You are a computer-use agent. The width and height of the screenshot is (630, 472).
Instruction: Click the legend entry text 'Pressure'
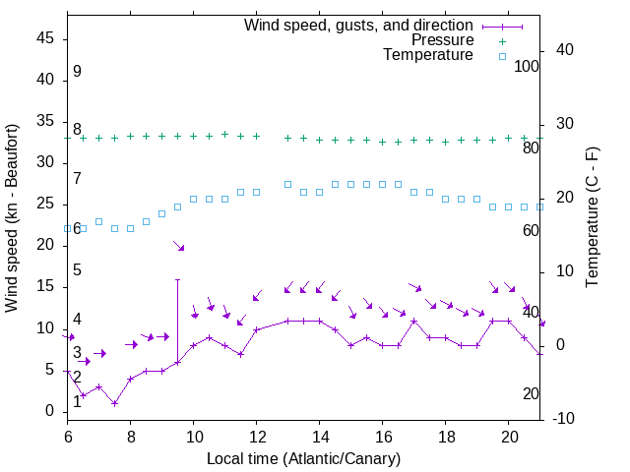[x=442, y=40]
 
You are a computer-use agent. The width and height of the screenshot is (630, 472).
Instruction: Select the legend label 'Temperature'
[x=428, y=55]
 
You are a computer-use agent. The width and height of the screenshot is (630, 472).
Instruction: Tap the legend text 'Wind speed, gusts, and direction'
[x=359, y=26]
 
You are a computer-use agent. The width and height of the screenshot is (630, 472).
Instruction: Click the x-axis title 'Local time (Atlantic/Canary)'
[x=303, y=458]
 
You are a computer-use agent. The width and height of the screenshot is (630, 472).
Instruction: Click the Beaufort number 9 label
[x=77, y=72]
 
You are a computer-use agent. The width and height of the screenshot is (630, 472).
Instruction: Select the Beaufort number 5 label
[x=77, y=270]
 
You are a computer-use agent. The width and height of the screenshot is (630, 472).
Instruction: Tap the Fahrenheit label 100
[x=527, y=66]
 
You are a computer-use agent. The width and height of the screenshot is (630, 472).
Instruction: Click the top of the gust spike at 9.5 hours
[x=178, y=279]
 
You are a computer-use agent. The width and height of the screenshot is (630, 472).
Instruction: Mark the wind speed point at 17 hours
[x=414, y=321]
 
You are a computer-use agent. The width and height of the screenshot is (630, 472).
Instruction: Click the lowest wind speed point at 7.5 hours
[x=115, y=403]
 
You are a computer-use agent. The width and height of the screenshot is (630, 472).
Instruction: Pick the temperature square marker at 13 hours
[x=288, y=184]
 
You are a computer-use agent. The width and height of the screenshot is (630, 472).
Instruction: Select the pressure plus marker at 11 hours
[x=225, y=134]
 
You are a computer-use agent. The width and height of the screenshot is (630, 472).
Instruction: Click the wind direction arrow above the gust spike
[x=179, y=246]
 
